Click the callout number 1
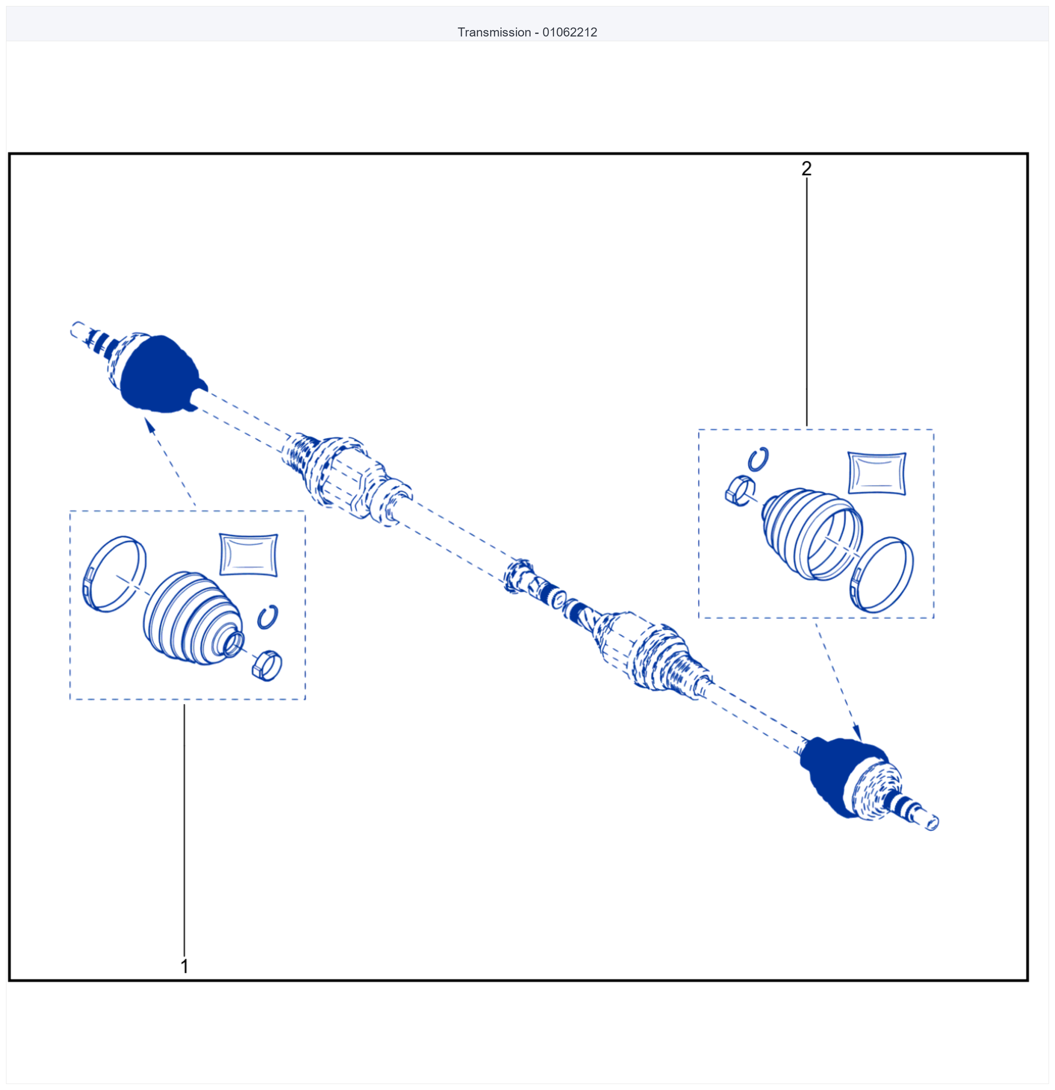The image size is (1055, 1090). pyautogui.click(x=184, y=966)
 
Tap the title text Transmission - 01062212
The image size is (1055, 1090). pyautogui.click(x=527, y=32)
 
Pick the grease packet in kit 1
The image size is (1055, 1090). pyautogui.click(x=248, y=554)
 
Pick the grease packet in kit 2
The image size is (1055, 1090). pyautogui.click(x=877, y=473)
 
